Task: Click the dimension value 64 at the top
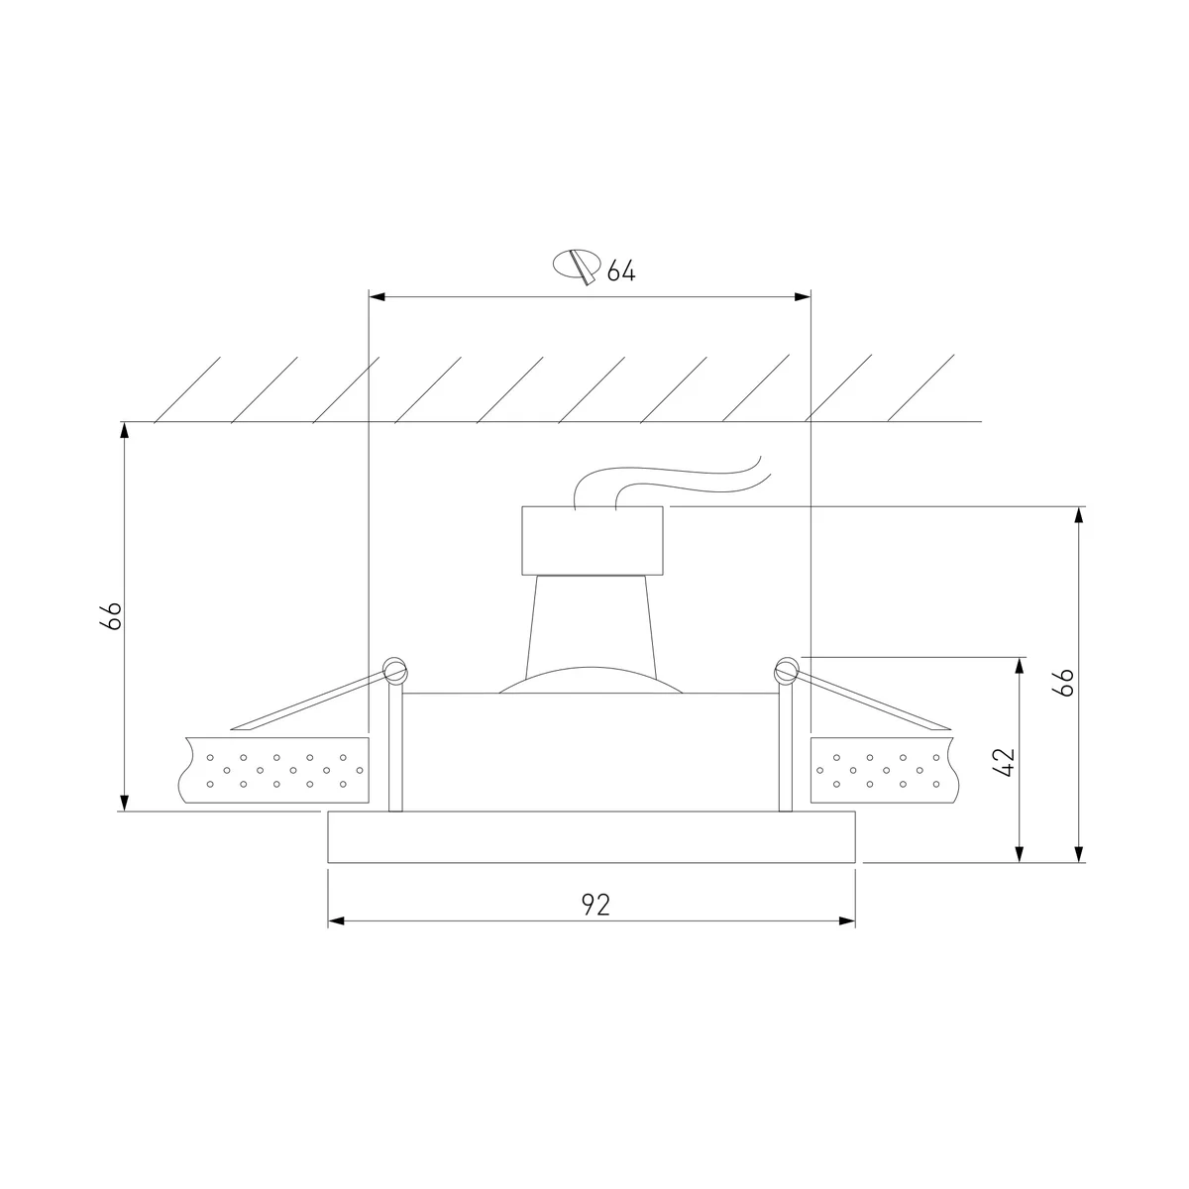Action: click(620, 270)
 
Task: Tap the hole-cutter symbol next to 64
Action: click(577, 266)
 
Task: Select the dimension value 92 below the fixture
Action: click(596, 905)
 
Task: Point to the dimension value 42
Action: click(1004, 762)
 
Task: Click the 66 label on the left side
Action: click(111, 615)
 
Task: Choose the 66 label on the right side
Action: click(1063, 683)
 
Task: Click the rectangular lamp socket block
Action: click(593, 541)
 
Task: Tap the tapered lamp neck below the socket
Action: click(592, 624)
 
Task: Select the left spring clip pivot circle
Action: click(395, 670)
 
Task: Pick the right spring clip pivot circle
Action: click(787, 670)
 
